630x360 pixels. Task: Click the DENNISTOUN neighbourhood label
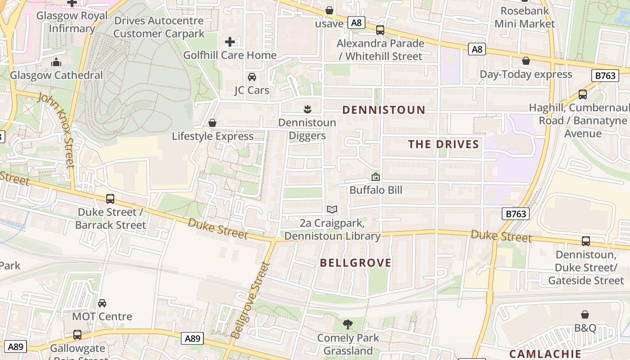384,110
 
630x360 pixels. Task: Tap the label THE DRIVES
443,144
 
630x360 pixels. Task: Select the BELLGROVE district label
355,263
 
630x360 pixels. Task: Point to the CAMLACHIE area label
545,354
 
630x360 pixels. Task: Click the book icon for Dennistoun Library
332,209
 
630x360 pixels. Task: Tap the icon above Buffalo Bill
376,177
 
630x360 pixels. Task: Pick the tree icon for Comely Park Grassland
347,324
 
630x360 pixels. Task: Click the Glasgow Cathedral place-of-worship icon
56,62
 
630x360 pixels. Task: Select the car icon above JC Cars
252,77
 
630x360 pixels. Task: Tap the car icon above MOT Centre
102,303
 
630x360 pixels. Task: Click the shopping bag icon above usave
329,10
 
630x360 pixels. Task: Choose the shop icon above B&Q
585,315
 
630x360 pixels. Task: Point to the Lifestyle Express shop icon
212,123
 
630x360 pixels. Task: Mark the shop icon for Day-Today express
526,61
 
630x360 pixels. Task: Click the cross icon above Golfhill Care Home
230,42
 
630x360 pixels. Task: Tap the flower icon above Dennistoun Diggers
307,109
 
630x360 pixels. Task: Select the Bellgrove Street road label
250,300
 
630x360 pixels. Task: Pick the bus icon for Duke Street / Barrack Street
110,198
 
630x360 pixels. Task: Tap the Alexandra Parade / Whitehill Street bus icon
380,30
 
